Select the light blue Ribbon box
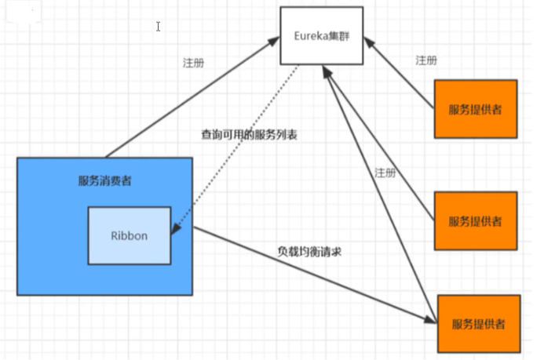coord(130,235)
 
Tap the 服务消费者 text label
coord(104,181)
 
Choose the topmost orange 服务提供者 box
coord(475,109)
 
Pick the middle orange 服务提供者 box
coord(476,220)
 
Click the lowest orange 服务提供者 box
coord(478,323)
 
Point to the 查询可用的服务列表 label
coord(250,134)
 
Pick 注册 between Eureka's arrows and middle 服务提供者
coord(385,173)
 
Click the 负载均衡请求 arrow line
coord(314,275)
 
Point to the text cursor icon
coord(159,26)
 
